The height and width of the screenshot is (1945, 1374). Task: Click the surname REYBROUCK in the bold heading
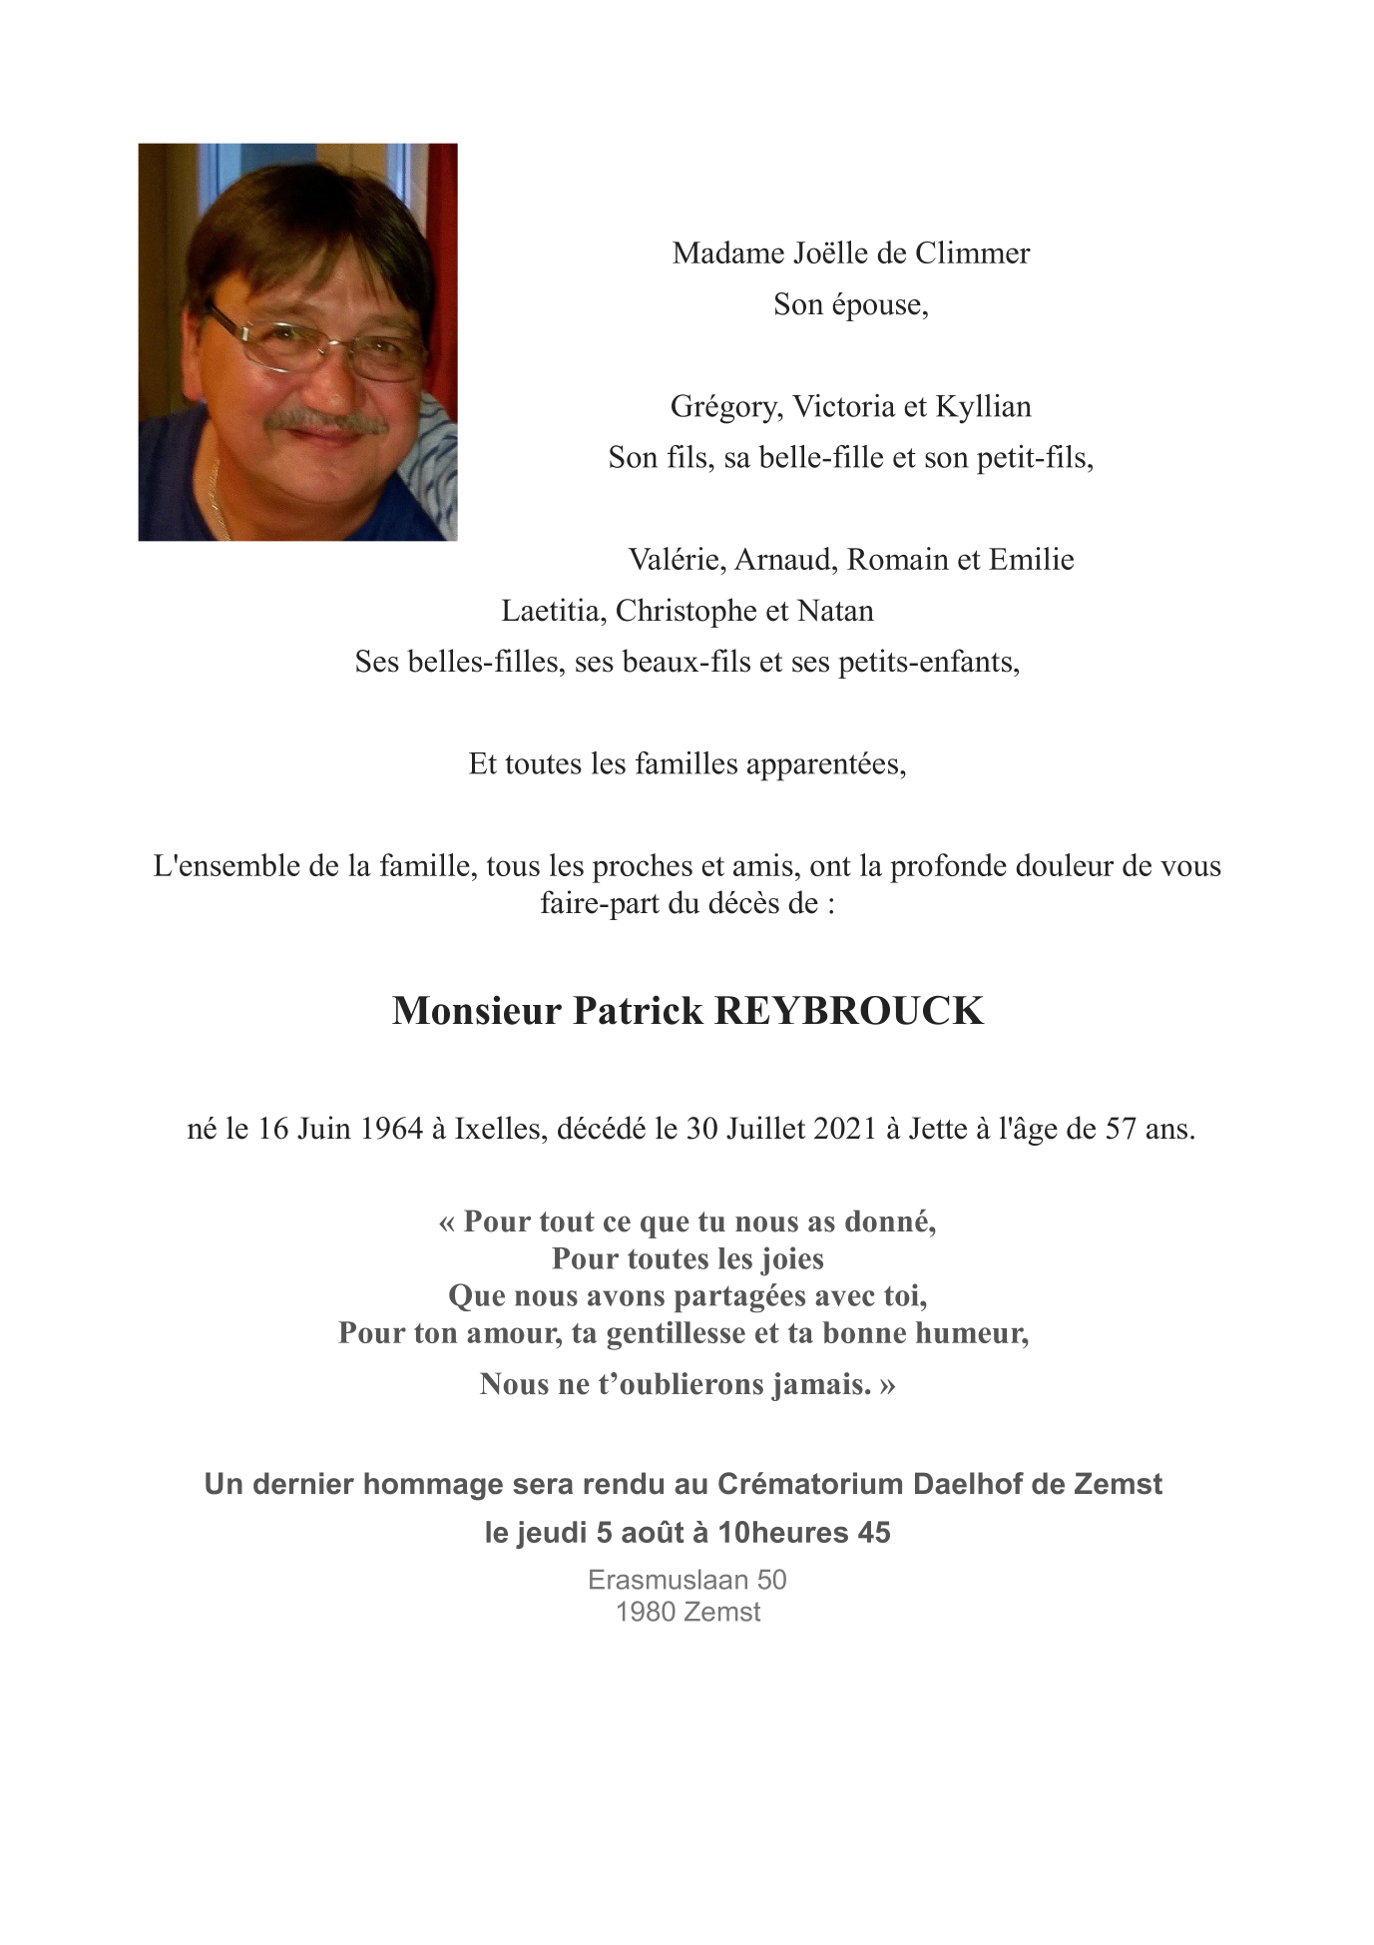pos(849,1011)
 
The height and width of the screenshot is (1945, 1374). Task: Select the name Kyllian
pos(983,407)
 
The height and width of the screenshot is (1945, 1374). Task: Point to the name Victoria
pos(843,407)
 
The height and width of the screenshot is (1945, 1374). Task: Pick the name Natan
pos(836,611)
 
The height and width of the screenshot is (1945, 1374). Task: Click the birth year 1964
pos(392,1129)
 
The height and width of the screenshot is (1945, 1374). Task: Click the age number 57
pos(1121,1129)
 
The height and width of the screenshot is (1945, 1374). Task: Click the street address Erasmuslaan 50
pos(687,1580)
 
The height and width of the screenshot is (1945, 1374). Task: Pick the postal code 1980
pos(638,1612)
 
